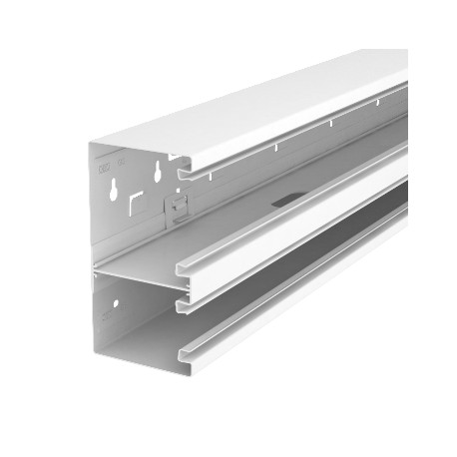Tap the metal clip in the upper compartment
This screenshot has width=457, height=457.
click(176, 207)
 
